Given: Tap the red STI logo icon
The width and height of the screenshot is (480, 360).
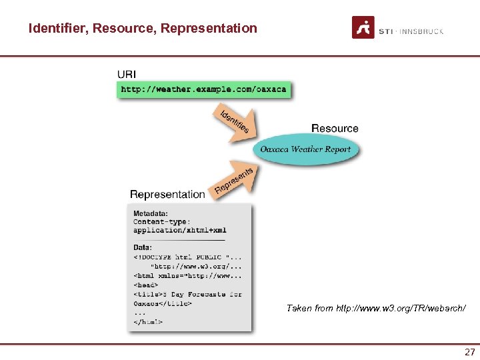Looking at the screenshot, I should click(x=363, y=27).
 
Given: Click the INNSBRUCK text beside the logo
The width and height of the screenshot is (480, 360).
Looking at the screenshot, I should click(x=422, y=31).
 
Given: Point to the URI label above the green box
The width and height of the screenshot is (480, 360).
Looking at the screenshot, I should click(x=127, y=74).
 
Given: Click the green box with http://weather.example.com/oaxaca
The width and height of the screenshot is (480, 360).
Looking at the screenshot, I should click(x=203, y=89).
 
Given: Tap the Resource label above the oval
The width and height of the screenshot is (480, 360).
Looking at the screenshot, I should click(x=335, y=128).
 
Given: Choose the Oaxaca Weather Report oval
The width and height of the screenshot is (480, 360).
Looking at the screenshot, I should click(x=305, y=149).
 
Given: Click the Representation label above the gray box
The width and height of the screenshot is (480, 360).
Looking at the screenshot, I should click(x=167, y=194).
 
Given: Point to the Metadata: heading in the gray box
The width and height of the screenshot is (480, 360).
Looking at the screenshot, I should click(x=151, y=213).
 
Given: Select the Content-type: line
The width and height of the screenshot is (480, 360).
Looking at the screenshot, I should click(x=161, y=222).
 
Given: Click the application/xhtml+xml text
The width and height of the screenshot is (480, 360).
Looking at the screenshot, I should click(x=179, y=230).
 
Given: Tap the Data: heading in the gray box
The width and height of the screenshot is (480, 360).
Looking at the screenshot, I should click(x=143, y=247).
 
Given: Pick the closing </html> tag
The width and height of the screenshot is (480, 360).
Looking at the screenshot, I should click(x=148, y=322).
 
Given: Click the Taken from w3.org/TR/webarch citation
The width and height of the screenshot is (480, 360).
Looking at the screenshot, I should click(x=376, y=308).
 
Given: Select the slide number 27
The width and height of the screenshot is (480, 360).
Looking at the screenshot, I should click(x=469, y=352).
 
